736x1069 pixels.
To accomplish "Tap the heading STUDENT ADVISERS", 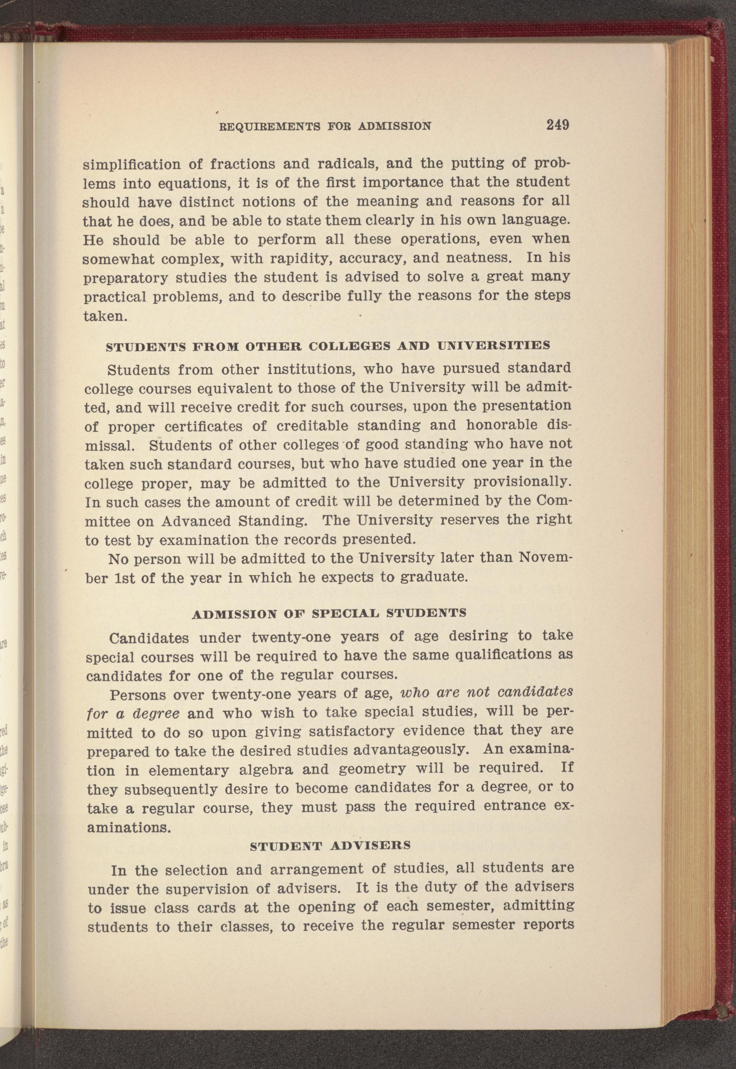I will pyautogui.click(x=330, y=845).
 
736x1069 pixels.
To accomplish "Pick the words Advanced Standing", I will pyautogui.click(x=234, y=521).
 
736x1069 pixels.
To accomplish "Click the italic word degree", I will pyautogui.click(x=156, y=713).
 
